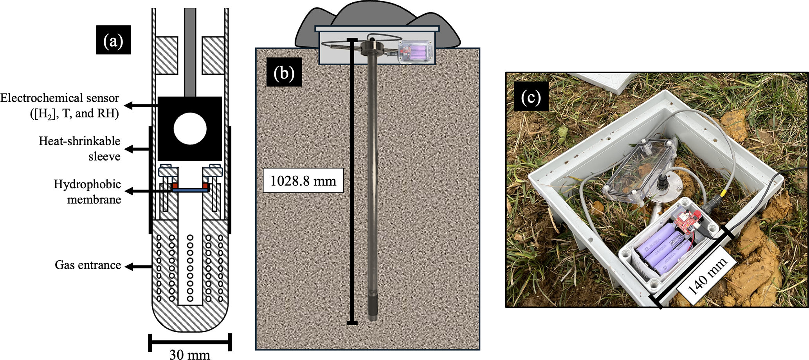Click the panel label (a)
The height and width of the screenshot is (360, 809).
113,40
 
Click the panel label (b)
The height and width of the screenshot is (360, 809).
284,72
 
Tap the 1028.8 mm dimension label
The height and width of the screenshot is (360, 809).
303,181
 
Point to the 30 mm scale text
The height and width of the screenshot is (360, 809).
189,354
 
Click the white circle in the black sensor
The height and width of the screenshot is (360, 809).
190,129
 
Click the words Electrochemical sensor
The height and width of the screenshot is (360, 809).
59,98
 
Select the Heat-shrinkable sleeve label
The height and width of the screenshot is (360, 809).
79,149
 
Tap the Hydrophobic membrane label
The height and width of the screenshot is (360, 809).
87,192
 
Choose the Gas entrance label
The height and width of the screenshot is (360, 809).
88,265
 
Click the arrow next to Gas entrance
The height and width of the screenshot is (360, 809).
138,267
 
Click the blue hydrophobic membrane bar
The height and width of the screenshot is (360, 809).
190,189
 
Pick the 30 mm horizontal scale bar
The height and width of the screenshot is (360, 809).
190,342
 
